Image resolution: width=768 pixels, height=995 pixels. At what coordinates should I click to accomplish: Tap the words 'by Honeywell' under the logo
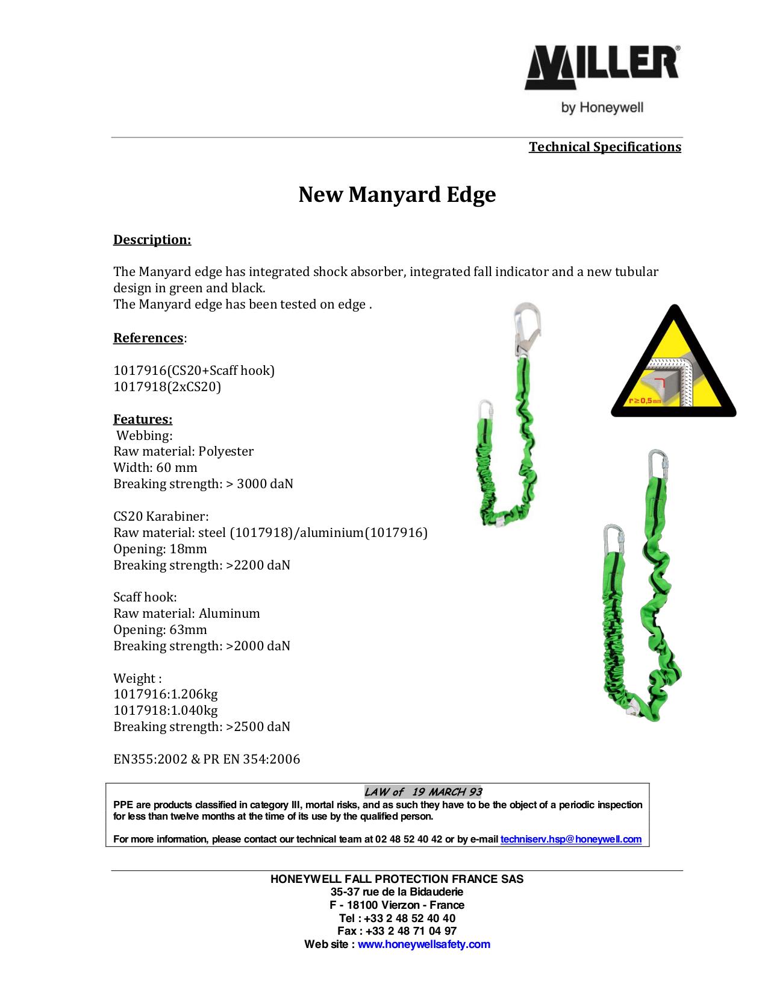tap(602, 108)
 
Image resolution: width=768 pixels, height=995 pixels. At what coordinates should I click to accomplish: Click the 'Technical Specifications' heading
tap(605, 147)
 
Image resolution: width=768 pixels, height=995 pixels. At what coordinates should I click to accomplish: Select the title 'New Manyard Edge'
tap(397, 195)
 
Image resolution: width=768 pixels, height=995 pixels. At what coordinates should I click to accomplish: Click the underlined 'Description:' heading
tap(152, 240)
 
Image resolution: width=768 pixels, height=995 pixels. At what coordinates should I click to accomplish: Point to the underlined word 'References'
tap(148, 338)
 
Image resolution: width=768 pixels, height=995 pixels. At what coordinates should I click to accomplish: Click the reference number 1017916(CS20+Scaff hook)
tap(194, 370)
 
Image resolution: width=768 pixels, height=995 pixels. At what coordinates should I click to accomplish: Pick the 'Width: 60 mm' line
tap(155, 468)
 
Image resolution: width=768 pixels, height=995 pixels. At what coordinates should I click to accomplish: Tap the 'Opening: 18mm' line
tap(160, 549)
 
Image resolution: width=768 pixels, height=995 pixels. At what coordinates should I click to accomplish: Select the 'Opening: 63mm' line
tap(160, 630)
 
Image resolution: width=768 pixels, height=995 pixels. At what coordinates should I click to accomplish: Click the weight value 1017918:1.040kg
tap(166, 711)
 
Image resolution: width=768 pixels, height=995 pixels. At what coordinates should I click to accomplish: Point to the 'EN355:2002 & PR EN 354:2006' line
tap(207, 759)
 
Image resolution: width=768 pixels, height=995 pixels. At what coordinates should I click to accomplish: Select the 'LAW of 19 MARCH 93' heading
tap(423, 792)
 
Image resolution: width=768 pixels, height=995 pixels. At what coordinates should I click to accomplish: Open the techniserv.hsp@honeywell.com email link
tap(571, 839)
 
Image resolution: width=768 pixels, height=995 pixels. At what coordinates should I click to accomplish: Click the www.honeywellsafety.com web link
tap(424, 944)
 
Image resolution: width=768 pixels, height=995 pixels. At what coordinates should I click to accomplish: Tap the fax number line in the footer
tap(397, 931)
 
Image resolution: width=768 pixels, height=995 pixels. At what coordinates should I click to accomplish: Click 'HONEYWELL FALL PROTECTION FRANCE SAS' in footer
tap(397, 879)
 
